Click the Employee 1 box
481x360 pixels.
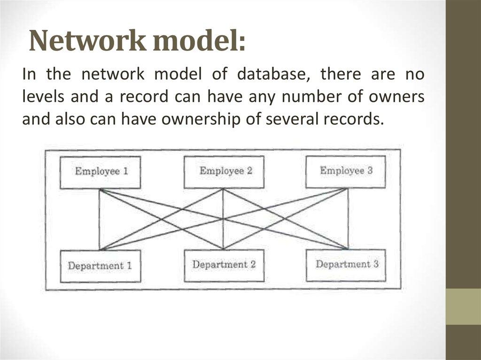101,172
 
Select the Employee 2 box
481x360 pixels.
224,171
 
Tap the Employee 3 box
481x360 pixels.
346,171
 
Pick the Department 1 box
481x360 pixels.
100,266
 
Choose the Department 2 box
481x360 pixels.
224,265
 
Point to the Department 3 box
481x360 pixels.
346,265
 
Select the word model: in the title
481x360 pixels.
199,42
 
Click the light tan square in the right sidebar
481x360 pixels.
463,306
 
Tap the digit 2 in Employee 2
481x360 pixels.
249,171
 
